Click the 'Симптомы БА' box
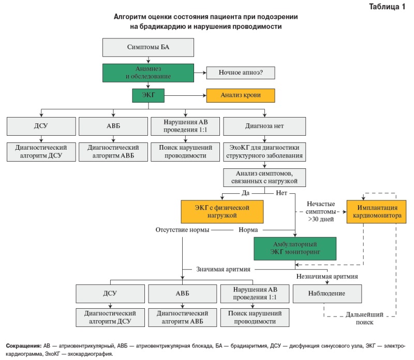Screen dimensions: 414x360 148,47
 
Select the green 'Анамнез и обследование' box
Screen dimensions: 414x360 148,73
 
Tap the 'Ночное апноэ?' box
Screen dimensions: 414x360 241,73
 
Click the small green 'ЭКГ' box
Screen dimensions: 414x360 148,95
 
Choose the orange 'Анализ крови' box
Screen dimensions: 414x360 241,95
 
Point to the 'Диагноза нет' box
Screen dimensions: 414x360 264,126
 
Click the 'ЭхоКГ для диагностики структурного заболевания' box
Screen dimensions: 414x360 264,152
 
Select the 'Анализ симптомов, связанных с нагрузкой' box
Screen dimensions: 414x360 264,178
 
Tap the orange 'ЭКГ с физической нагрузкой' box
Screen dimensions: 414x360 222,212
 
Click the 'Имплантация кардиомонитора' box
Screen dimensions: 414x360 377,212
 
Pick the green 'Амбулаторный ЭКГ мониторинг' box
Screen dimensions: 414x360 295,249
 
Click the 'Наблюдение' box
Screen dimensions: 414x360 327,294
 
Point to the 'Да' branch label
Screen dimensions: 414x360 245,193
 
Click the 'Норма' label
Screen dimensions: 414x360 248,229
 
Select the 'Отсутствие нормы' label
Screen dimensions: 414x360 182,229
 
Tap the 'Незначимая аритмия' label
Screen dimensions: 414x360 327,277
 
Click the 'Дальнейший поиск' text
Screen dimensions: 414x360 364,318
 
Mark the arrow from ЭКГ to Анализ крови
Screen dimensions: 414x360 185,95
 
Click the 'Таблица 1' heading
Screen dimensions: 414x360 387,7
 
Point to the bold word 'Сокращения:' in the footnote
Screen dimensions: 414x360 23,345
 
